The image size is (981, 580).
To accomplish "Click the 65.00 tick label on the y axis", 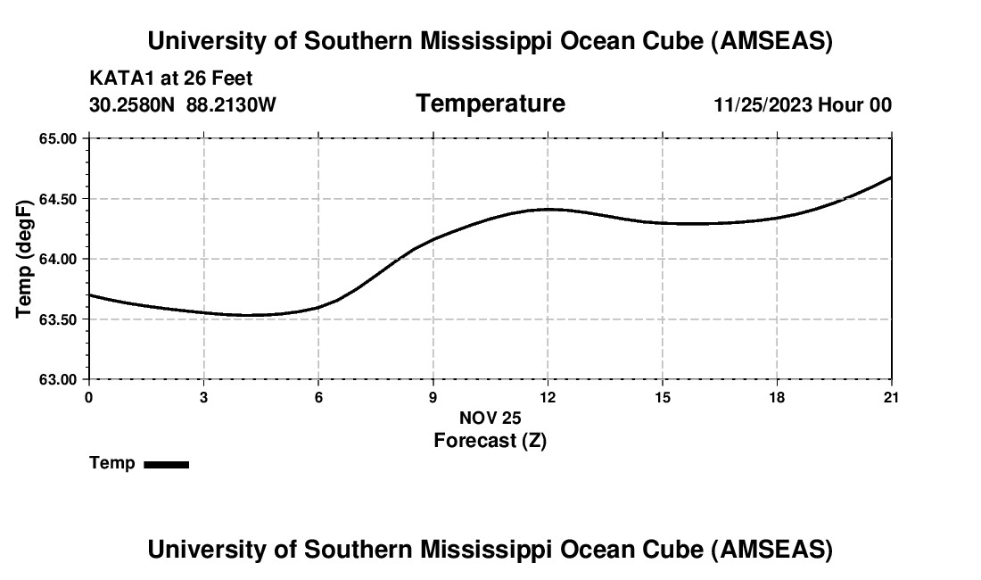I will pyautogui.click(x=58, y=139).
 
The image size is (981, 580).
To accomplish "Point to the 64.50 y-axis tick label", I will pyautogui.click(x=58, y=199).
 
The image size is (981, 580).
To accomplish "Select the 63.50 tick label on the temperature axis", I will pyautogui.click(x=58, y=319).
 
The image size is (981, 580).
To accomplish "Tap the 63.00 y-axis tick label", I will pyautogui.click(x=58, y=379).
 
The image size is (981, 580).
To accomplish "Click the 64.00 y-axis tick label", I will pyautogui.click(x=58, y=260).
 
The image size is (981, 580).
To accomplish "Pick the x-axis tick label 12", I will pyautogui.click(x=548, y=397).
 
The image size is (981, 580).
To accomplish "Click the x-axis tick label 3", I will pyautogui.click(x=203, y=397).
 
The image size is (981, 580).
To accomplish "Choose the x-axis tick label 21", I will pyautogui.click(x=892, y=397).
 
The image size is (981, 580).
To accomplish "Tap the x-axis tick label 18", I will pyautogui.click(x=777, y=397).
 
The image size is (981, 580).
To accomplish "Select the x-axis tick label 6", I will pyautogui.click(x=318, y=397).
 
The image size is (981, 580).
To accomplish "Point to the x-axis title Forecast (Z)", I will pyautogui.click(x=490, y=441).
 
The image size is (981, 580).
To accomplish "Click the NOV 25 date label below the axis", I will pyautogui.click(x=490, y=418).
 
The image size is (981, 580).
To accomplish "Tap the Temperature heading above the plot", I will pyautogui.click(x=490, y=104).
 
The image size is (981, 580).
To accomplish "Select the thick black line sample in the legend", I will pyautogui.click(x=166, y=464).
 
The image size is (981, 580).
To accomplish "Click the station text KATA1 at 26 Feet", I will pyautogui.click(x=171, y=79).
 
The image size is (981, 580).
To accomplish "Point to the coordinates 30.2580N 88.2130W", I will pyautogui.click(x=183, y=105).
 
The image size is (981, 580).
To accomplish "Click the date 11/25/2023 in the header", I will pyautogui.click(x=763, y=105).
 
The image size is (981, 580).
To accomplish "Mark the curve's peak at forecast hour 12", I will pyautogui.click(x=548, y=209).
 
